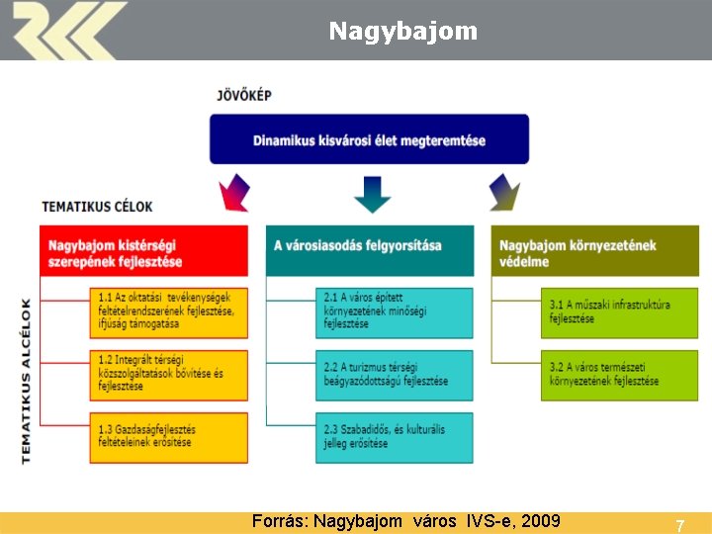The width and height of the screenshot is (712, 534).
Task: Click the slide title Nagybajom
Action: click(x=402, y=32)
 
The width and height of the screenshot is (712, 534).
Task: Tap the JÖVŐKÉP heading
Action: click(x=244, y=96)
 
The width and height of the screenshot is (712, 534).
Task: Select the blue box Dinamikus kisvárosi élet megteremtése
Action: click(x=369, y=139)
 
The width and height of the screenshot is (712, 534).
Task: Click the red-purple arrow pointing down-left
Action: click(x=235, y=192)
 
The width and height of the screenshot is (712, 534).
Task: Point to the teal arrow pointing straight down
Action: click(x=372, y=193)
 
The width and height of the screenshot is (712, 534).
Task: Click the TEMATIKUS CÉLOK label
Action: click(x=97, y=207)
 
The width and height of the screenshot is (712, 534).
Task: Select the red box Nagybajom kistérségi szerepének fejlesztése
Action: click(x=144, y=251)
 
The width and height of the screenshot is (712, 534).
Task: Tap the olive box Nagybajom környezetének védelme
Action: click(x=594, y=251)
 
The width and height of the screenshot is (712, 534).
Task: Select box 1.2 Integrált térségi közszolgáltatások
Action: click(x=168, y=374)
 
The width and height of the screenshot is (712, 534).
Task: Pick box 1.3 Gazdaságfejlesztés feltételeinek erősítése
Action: click(x=168, y=436)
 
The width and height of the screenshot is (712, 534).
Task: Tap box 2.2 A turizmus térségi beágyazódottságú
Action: click(x=394, y=374)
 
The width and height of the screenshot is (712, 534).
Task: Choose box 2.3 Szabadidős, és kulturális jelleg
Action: click(x=394, y=436)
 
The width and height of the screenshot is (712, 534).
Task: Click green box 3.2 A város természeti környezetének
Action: click(x=619, y=374)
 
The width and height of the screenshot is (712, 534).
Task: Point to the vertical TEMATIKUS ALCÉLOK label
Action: click(x=26, y=381)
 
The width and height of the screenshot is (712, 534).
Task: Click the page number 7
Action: click(x=679, y=525)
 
